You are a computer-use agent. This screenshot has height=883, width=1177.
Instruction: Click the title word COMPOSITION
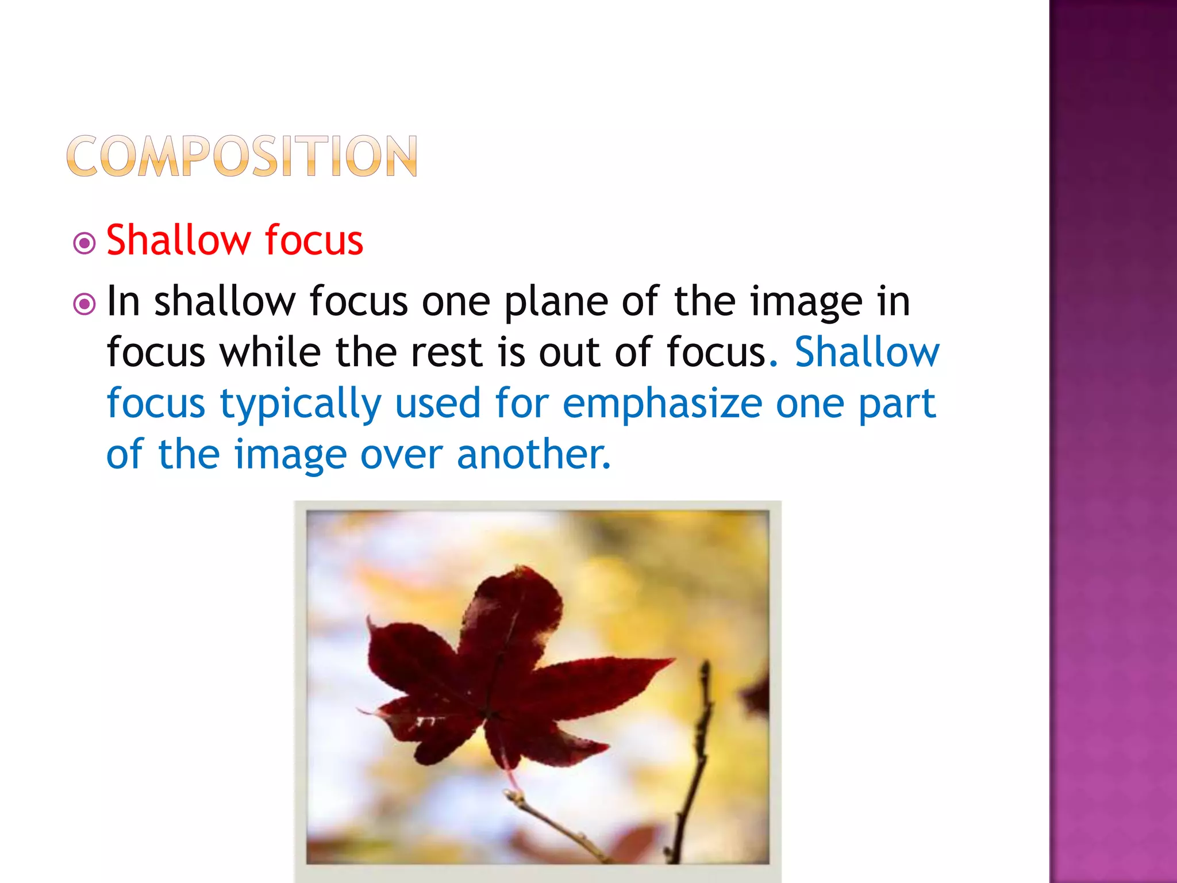pyautogui.click(x=242, y=156)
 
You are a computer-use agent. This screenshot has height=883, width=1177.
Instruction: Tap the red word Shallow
pyautogui.click(x=176, y=240)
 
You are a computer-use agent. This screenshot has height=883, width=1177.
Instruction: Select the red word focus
pyautogui.click(x=314, y=240)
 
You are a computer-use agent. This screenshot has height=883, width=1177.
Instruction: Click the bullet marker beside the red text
pyautogui.click(x=85, y=243)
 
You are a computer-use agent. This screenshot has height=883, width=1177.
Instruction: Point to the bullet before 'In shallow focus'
pyautogui.click(x=85, y=304)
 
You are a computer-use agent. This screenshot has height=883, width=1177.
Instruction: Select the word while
pyautogui.click(x=270, y=352)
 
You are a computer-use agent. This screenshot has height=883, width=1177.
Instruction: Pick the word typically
pyautogui.click(x=301, y=404)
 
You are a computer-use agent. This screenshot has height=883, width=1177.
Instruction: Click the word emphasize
pyautogui.click(x=662, y=403)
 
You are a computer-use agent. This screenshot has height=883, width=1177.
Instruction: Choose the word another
pyautogui.click(x=533, y=454)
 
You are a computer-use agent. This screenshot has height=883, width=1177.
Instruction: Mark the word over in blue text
pyautogui.click(x=401, y=454)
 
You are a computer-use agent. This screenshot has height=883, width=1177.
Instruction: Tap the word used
pyautogui.click(x=437, y=403)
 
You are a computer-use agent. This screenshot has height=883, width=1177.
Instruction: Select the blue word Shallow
pyautogui.click(x=867, y=352)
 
